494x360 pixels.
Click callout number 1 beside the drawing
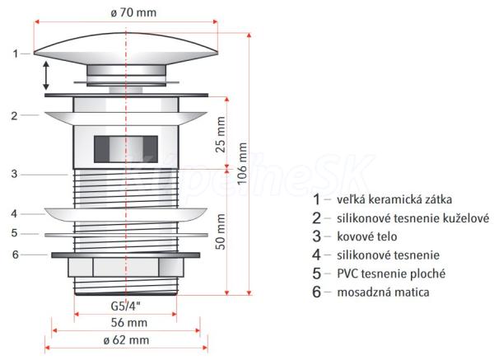point(15,54)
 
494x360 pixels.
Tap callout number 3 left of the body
point(15,174)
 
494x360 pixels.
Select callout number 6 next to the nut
point(15,254)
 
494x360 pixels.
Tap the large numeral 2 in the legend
point(317,218)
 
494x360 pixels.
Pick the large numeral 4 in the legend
point(317,255)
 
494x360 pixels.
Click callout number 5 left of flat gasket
point(15,233)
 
